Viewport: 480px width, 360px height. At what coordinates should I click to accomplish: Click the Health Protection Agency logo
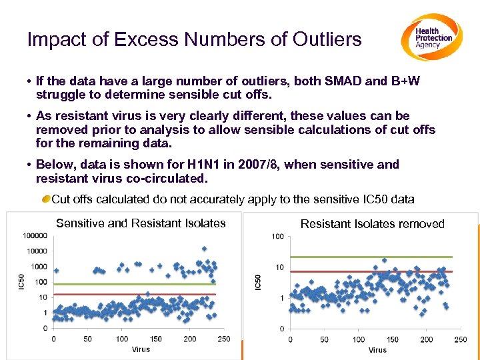431,37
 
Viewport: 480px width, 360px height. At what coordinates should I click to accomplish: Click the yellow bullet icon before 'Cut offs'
45,199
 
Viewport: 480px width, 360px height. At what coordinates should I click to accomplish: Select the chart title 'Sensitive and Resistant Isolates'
141,223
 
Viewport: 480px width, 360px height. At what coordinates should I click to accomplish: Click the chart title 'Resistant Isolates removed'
372,224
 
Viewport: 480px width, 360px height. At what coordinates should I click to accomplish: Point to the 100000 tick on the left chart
35,235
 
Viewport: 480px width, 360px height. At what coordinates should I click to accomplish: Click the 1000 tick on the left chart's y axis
39,267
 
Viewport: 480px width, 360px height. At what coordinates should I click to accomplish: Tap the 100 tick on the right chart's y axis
277,237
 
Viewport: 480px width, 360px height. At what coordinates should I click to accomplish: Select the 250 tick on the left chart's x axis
224,339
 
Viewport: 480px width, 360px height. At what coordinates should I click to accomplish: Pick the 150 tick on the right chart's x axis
393,340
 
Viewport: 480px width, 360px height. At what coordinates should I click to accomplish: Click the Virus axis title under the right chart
377,349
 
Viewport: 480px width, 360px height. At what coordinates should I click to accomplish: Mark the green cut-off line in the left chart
133,283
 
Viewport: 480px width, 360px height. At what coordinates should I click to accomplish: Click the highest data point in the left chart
204,249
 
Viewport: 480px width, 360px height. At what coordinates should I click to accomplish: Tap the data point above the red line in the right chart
384,260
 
